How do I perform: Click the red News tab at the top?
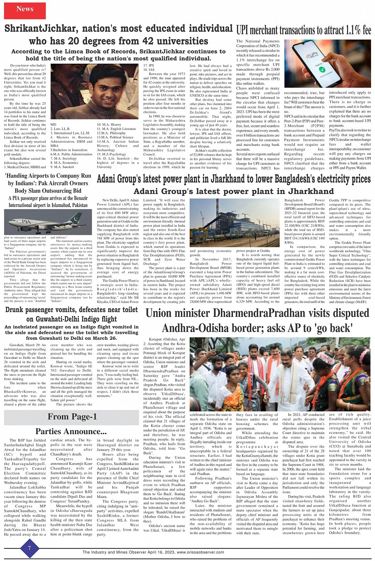tap(25, 9)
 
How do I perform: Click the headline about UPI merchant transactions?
tap(304, 30)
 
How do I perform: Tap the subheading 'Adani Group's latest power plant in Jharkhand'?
tap(234, 191)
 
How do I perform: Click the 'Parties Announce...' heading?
tap(71, 431)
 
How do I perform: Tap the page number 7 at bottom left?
tap(29, 548)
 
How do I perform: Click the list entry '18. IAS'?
tap(149, 69)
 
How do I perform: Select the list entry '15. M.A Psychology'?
tap(112, 154)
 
